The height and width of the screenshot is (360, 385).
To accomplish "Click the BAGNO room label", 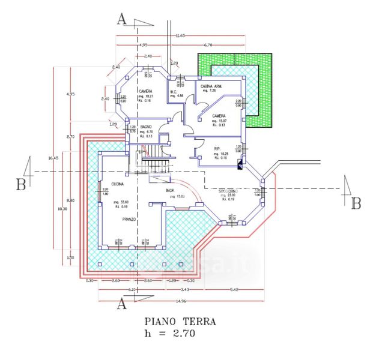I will pyautogui.click(x=146, y=127).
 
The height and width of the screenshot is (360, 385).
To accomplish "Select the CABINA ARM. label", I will pyautogui.click(x=211, y=87).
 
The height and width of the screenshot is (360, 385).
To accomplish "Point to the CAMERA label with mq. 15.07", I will pyautogui.click(x=219, y=116).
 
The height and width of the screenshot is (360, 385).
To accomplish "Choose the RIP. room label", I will pyautogui.click(x=217, y=148).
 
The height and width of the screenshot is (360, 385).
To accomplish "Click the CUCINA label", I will pyautogui.click(x=117, y=184).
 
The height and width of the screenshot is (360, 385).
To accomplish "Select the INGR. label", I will pyautogui.click(x=170, y=191).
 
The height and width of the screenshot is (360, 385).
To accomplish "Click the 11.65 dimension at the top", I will pyautogui.click(x=180, y=36).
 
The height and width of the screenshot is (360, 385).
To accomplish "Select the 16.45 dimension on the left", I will pyautogui.click(x=52, y=158).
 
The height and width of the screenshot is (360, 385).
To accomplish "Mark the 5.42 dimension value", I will pyautogui.click(x=234, y=290).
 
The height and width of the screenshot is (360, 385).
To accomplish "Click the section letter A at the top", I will pyautogui.click(x=121, y=20).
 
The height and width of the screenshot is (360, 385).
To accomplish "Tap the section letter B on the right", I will pyautogui.click(x=356, y=203).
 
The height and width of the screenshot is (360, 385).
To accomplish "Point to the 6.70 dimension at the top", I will pyautogui.click(x=208, y=45).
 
